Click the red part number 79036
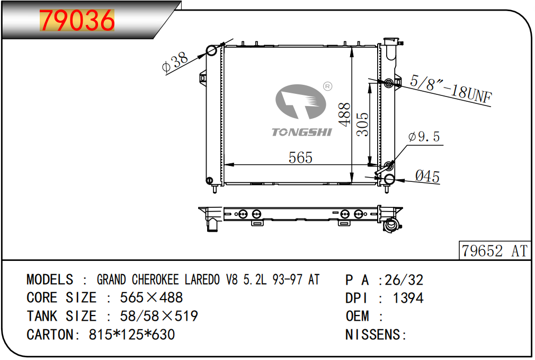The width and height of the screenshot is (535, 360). click(x=77, y=20)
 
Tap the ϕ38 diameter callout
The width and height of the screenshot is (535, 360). click(x=175, y=62)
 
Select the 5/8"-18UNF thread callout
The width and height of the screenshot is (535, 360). click(x=451, y=89)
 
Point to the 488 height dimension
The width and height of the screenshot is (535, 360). click(x=345, y=115)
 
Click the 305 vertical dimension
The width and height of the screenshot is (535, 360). click(x=363, y=124)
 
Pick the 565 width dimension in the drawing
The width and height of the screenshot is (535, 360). click(x=300, y=157)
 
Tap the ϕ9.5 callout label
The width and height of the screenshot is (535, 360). click(x=424, y=137)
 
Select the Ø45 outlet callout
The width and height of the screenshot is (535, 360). click(x=427, y=176)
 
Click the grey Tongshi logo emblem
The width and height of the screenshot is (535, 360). click(x=300, y=102)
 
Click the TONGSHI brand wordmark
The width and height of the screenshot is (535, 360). click(x=301, y=132)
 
